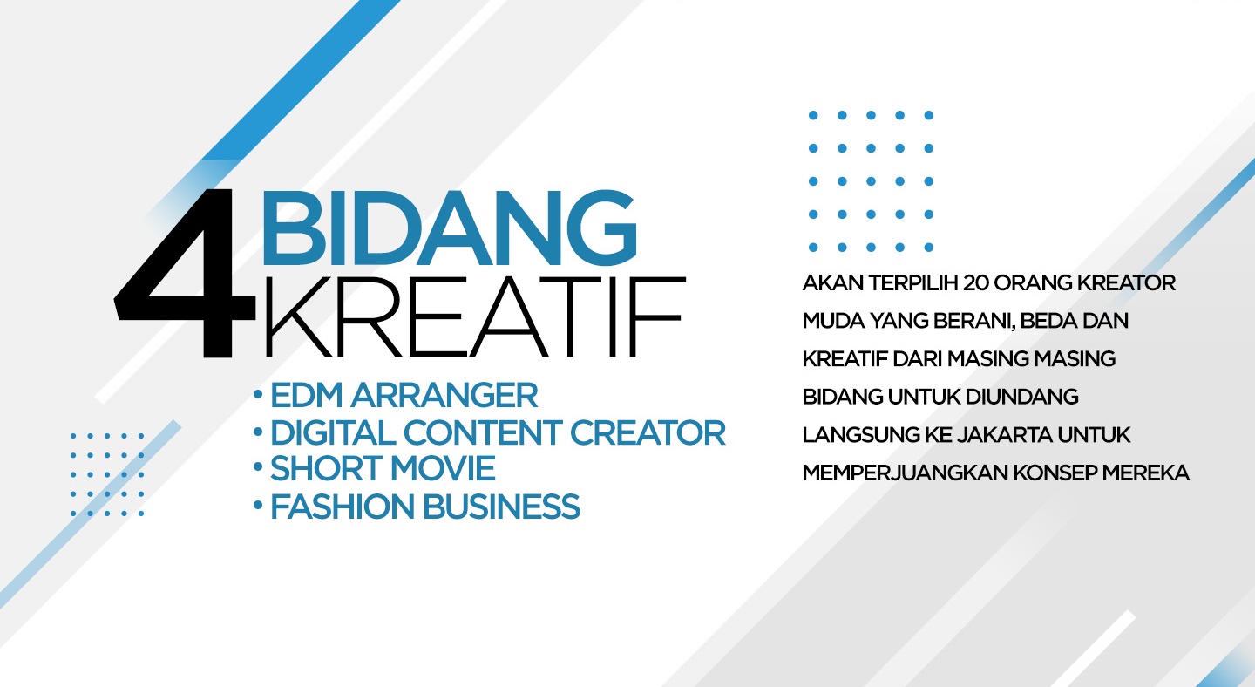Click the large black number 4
coord(185,273)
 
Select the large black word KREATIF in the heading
coord(474,316)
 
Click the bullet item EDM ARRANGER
coord(404,395)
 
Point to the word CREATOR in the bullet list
coord(648,432)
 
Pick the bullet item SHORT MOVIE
coord(383,468)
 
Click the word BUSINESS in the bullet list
coord(501,507)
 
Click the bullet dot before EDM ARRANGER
coord(258,394)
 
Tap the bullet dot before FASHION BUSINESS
coord(258,505)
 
